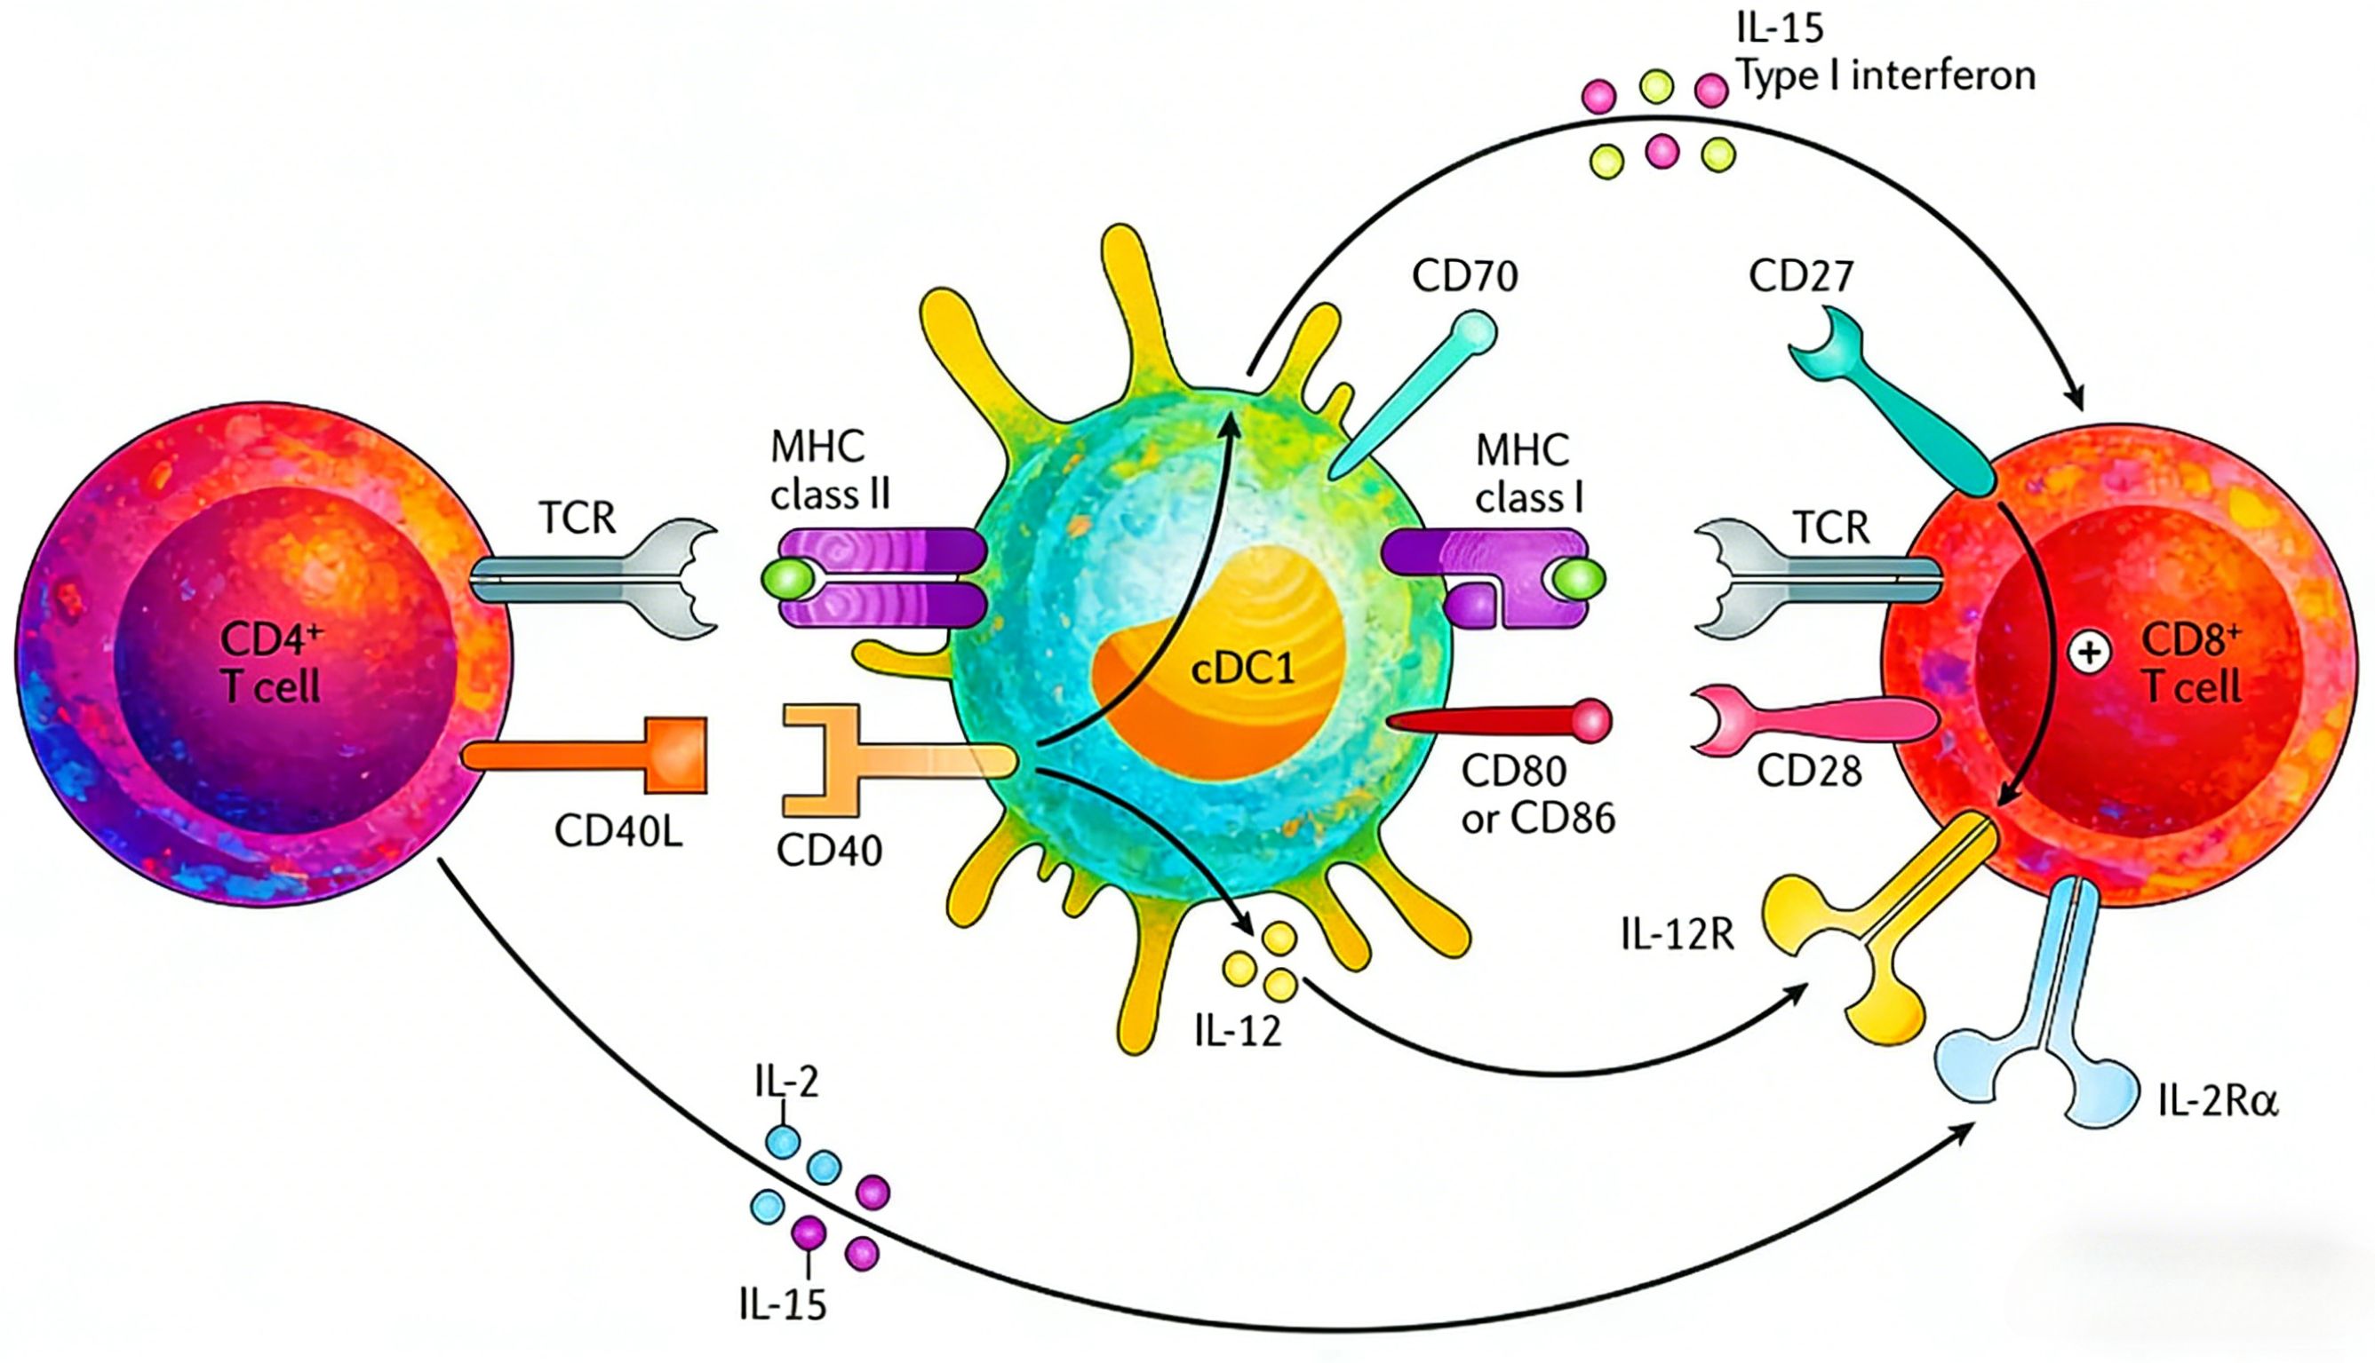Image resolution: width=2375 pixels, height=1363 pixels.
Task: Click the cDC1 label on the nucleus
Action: pos(1243,669)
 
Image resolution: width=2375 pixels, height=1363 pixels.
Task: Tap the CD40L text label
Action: pos(618,829)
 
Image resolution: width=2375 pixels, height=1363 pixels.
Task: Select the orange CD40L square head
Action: pos(675,755)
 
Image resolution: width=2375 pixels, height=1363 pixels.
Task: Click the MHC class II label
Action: pos(829,471)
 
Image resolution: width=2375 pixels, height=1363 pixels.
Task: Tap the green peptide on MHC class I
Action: pos(1579,580)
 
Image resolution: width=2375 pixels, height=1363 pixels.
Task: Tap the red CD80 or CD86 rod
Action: pos(1498,721)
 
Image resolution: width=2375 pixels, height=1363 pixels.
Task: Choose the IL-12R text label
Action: pos(1678,934)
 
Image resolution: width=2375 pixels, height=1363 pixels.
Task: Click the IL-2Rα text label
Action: pos(2218,1103)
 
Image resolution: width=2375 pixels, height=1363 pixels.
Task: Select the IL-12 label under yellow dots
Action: pos(1237,1031)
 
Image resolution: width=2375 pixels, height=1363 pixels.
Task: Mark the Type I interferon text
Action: pos(1886,75)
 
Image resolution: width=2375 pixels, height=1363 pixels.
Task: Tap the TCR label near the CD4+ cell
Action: pos(577,518)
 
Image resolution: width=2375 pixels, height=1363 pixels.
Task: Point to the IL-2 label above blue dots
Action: pos(785,1082)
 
